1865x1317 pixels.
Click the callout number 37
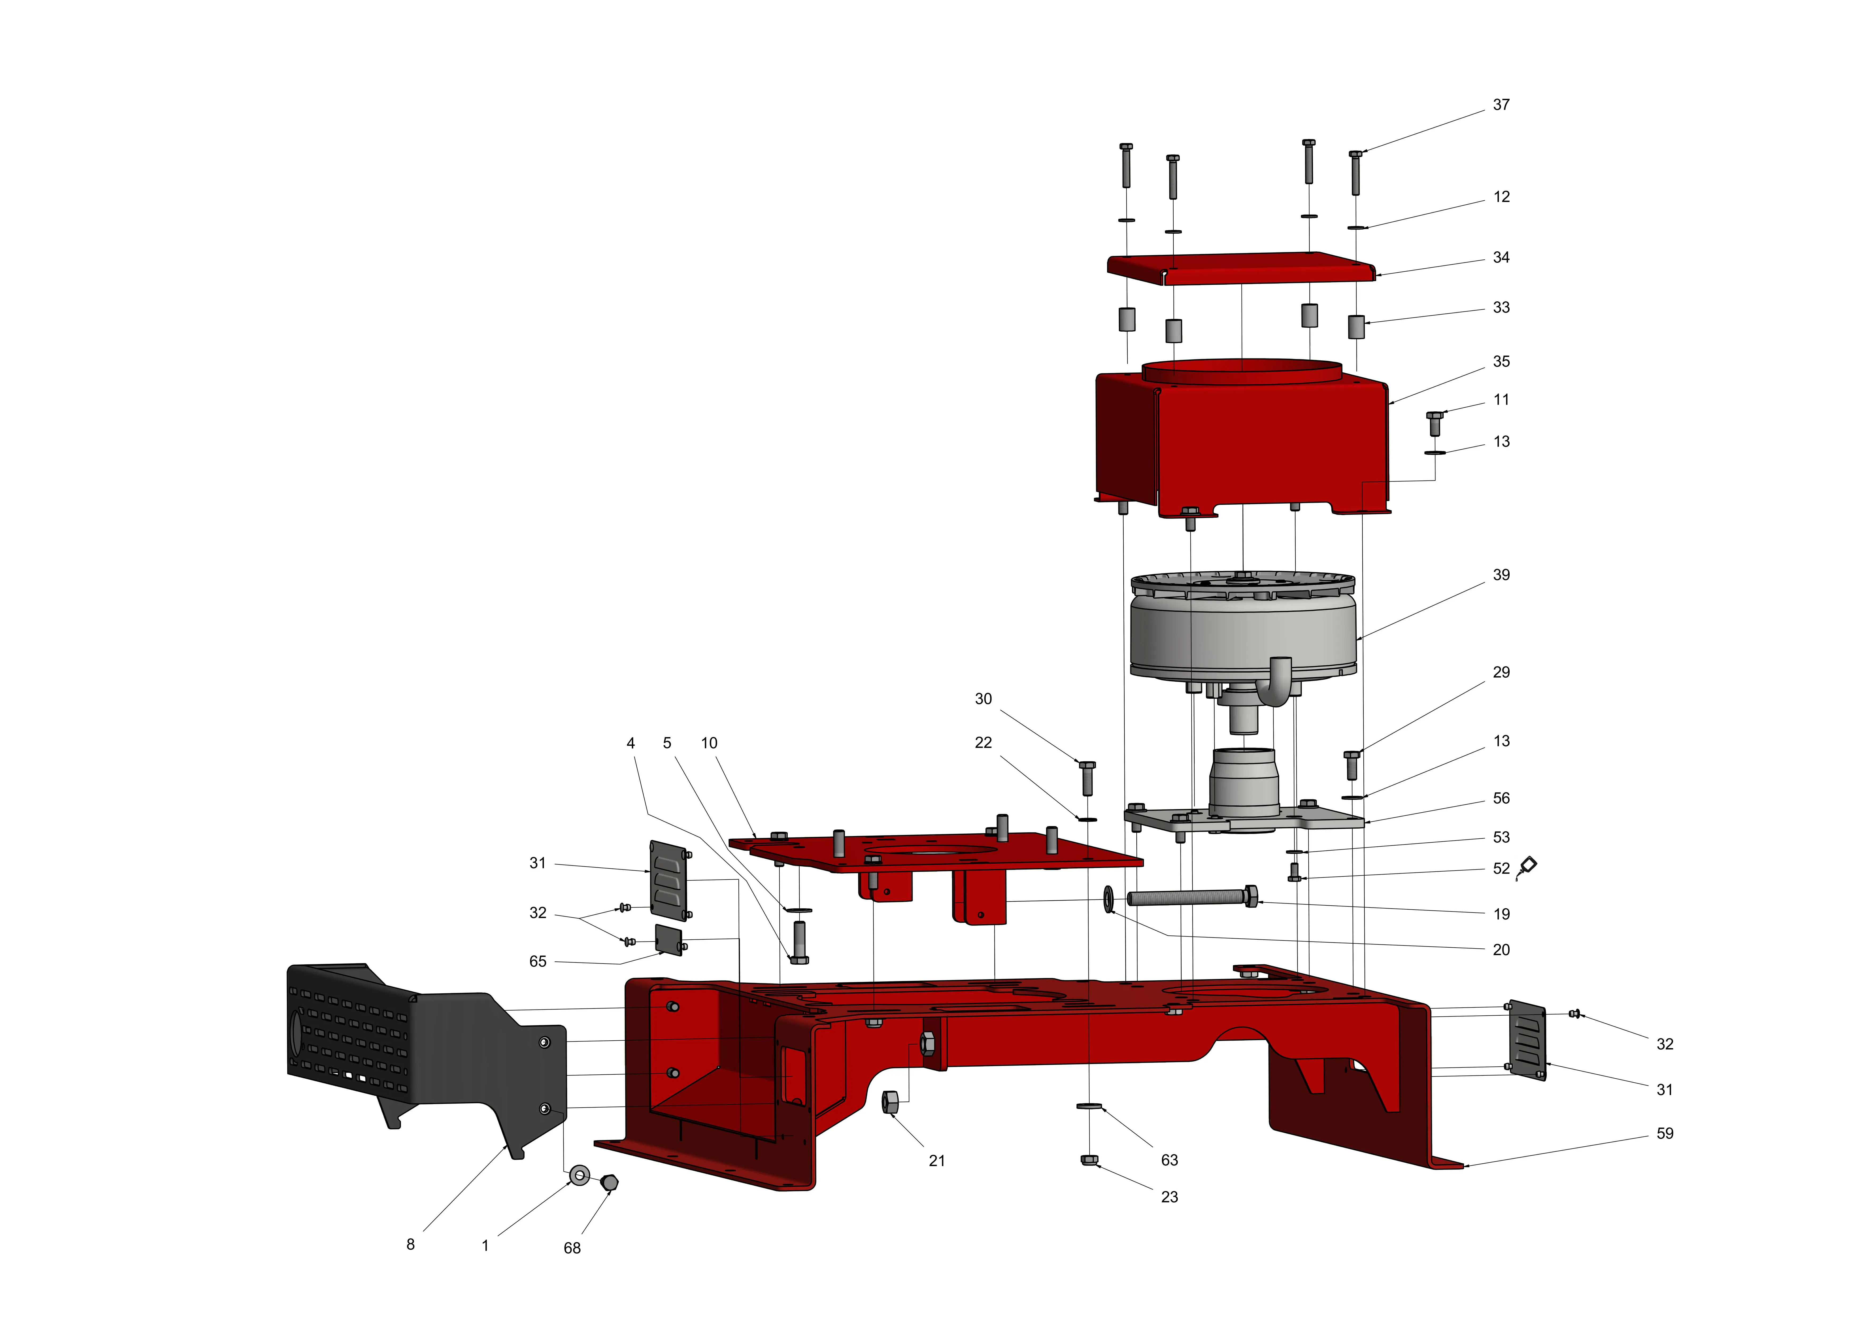coord(1501,105)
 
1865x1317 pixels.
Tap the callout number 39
coord(1501,575)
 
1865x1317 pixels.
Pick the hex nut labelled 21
coord(890,1103)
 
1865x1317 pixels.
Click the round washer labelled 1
coord(579,1175)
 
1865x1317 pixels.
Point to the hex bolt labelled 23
coord(1090,1159)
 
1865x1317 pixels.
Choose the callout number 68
coord(572,1248)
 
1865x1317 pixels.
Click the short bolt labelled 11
coord(1434,423)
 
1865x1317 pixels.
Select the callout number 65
coord(538,961)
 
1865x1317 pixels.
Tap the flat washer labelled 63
coord(1089,1106)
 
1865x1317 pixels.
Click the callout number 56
coord(1501,798)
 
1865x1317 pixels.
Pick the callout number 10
coord(709,743)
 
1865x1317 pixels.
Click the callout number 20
coord(1501,950)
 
